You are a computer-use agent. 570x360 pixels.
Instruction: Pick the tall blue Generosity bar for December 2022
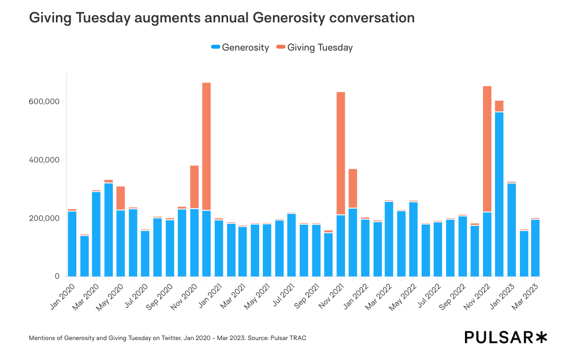point(499,195)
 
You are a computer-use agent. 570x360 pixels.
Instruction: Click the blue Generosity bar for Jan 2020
point(72,243)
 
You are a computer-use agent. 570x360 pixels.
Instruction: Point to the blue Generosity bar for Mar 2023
point(535,248)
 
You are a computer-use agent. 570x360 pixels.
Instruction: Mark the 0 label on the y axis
point(57,276)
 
